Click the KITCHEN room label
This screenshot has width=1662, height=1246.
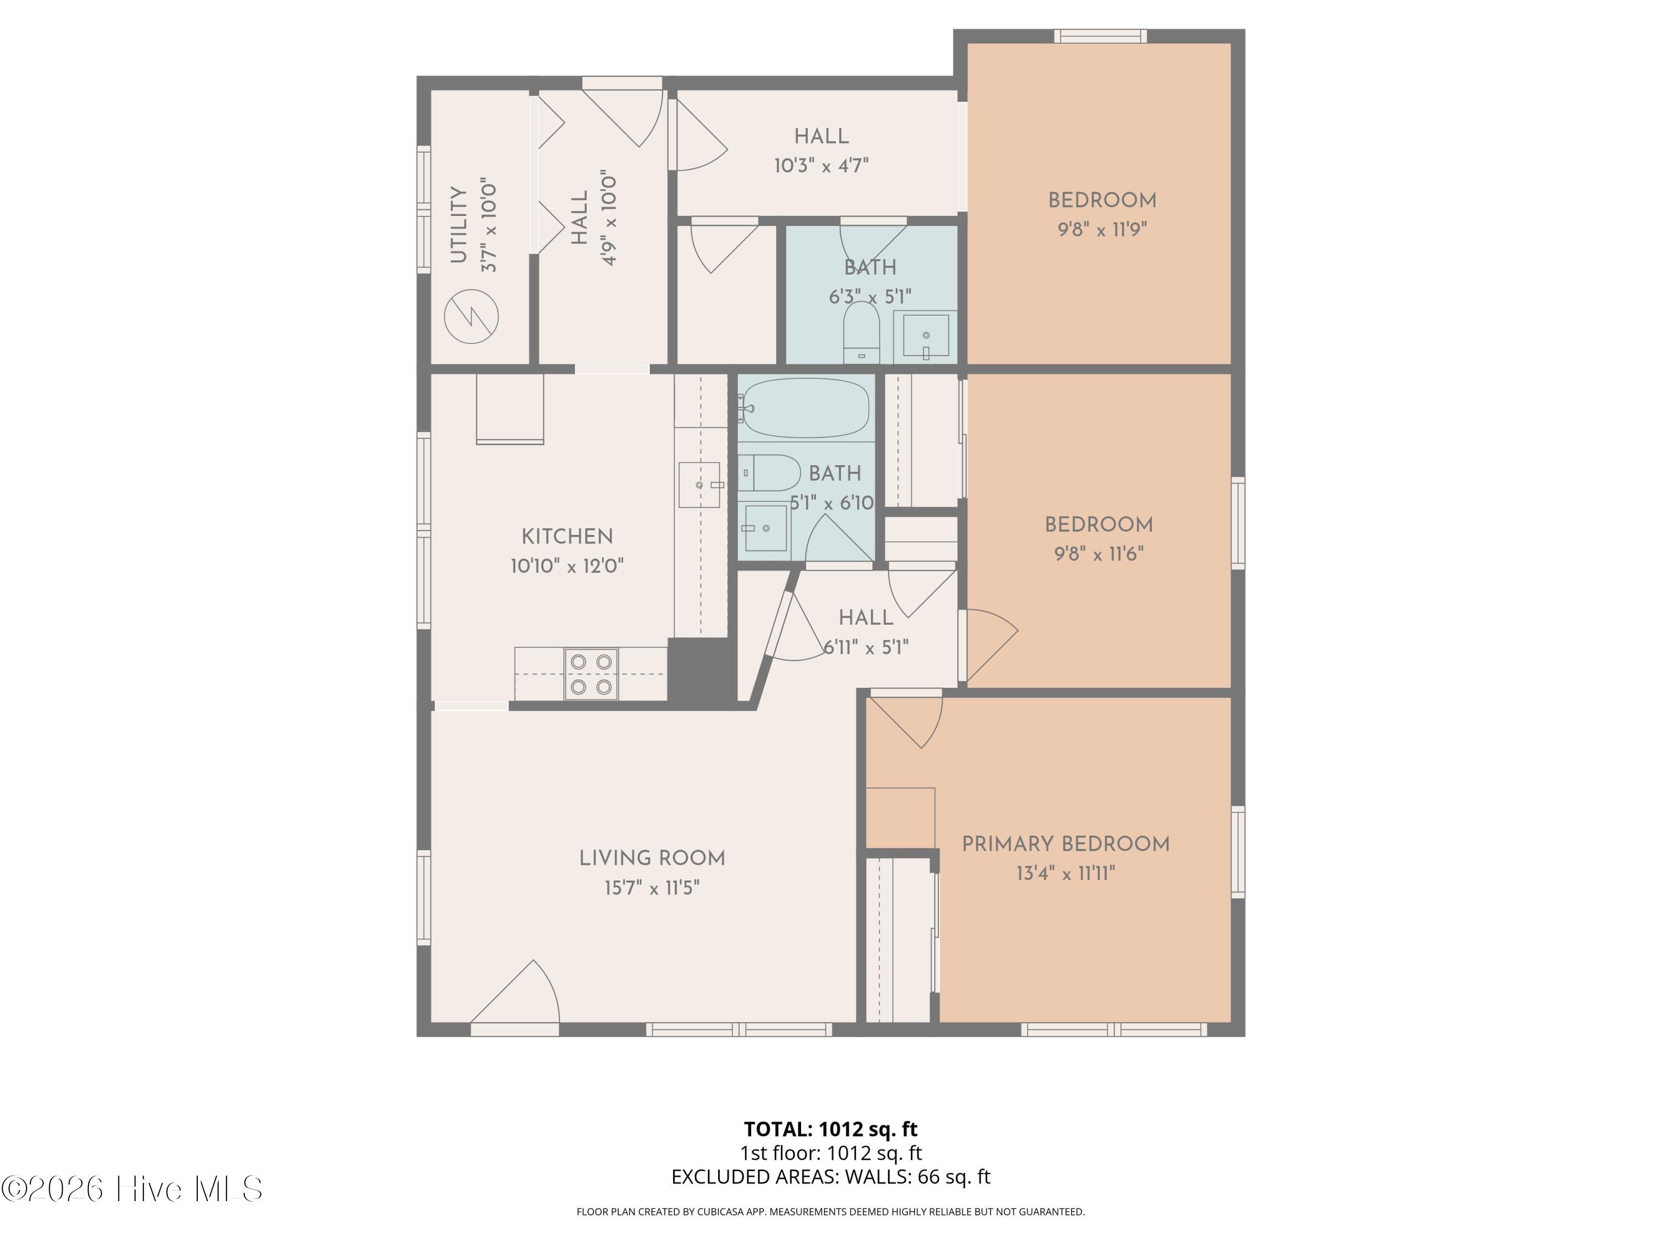(x=567, y=536)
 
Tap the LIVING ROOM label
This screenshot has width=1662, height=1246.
(x=652, y=858)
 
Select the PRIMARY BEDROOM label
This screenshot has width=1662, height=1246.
(x=1065, y=843)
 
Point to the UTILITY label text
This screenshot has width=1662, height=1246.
(x=458, y=225)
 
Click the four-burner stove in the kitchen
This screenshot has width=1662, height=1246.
(x=591, y=674)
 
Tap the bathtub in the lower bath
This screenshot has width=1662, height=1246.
(x=806, y=408)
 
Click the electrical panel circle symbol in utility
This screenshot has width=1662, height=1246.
(x=471, y=316)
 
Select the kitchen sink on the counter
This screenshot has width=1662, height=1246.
(x=700, y=485)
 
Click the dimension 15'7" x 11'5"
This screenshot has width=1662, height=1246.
(x=652, y=888)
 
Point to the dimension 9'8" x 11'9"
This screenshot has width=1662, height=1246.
(x=1102, y=229)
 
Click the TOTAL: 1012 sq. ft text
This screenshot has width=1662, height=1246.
(x=830, y=1129)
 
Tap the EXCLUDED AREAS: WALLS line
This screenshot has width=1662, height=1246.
(x=830, y=1177)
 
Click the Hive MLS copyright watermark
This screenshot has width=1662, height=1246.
(x=132, y=1189)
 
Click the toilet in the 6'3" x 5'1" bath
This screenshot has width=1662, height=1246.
(x=861, y=333)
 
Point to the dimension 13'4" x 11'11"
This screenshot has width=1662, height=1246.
(x=1065, y=873)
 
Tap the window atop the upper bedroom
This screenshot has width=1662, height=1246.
(x=1100, y=36)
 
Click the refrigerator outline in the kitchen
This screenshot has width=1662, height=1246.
(x=510, y=409)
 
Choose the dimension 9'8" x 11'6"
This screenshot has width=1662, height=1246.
(x=1099, y=554)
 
